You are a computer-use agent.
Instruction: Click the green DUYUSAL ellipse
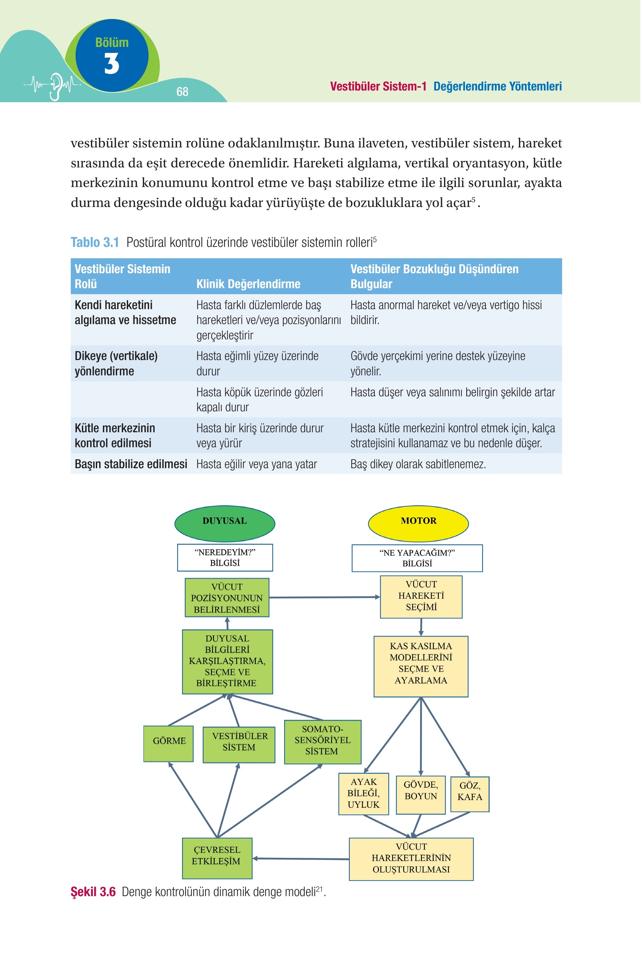pyautogui.click(x=225, y=523)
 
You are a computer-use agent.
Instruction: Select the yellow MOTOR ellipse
pyautogui.click(x=418, y=523)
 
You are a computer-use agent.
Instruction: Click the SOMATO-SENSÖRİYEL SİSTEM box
pyautogui.click(x=322, y=742)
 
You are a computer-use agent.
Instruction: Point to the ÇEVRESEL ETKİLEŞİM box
pyautogui.click(x=217, y=858)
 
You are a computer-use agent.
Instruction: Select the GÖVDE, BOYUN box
pyautogui.click(x=421, y=795)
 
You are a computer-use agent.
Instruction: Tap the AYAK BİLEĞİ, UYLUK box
pyautogui.click(x=363, y=794)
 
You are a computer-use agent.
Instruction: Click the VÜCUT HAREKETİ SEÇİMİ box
pyautogui.click(x=421, y=597)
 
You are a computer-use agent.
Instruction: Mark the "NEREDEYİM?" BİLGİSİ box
pyautogui.click(x=225, y=557)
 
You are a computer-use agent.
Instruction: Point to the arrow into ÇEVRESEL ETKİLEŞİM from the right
pyautogui.click(x=301, y=859)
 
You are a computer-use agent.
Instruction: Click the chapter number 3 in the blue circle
pyautogui.click(x=111, y=64)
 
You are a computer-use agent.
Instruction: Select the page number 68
pyautogui.click(x=182, y=92)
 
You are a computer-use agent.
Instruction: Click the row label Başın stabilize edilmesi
pyautogui.click(x=131, y=464)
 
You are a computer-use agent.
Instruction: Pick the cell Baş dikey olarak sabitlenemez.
pyautogui.click(x=418, y=464)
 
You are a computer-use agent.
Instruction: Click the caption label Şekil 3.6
pyautogui.click(x=93, y=891)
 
